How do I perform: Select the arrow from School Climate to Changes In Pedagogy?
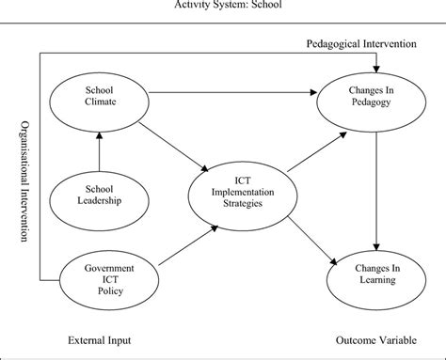(x=235, y=91)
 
